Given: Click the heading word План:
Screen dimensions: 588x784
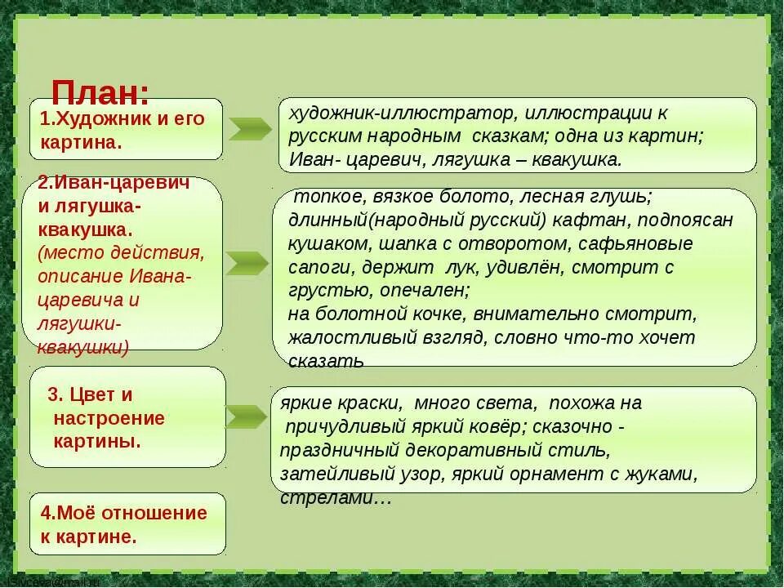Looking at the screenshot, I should pos(100,92).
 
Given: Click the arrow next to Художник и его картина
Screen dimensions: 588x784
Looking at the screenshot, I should pos(249,129).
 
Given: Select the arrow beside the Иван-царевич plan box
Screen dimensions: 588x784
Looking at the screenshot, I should pos(246,263).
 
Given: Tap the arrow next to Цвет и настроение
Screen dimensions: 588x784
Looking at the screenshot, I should pos(246,416).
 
